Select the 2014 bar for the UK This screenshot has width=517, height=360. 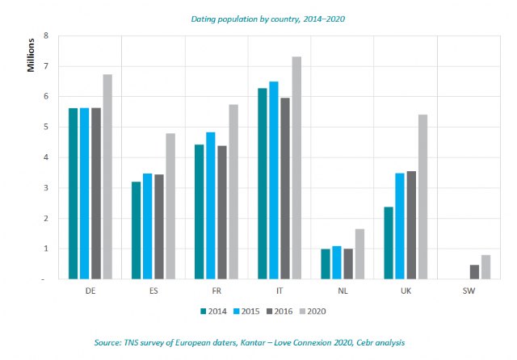point(389,243)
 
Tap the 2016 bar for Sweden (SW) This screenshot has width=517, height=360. point(474,272)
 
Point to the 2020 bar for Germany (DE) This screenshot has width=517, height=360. point(107,177)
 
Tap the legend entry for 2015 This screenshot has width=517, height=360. point(247,310)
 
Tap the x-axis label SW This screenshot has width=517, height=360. point(468,290)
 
